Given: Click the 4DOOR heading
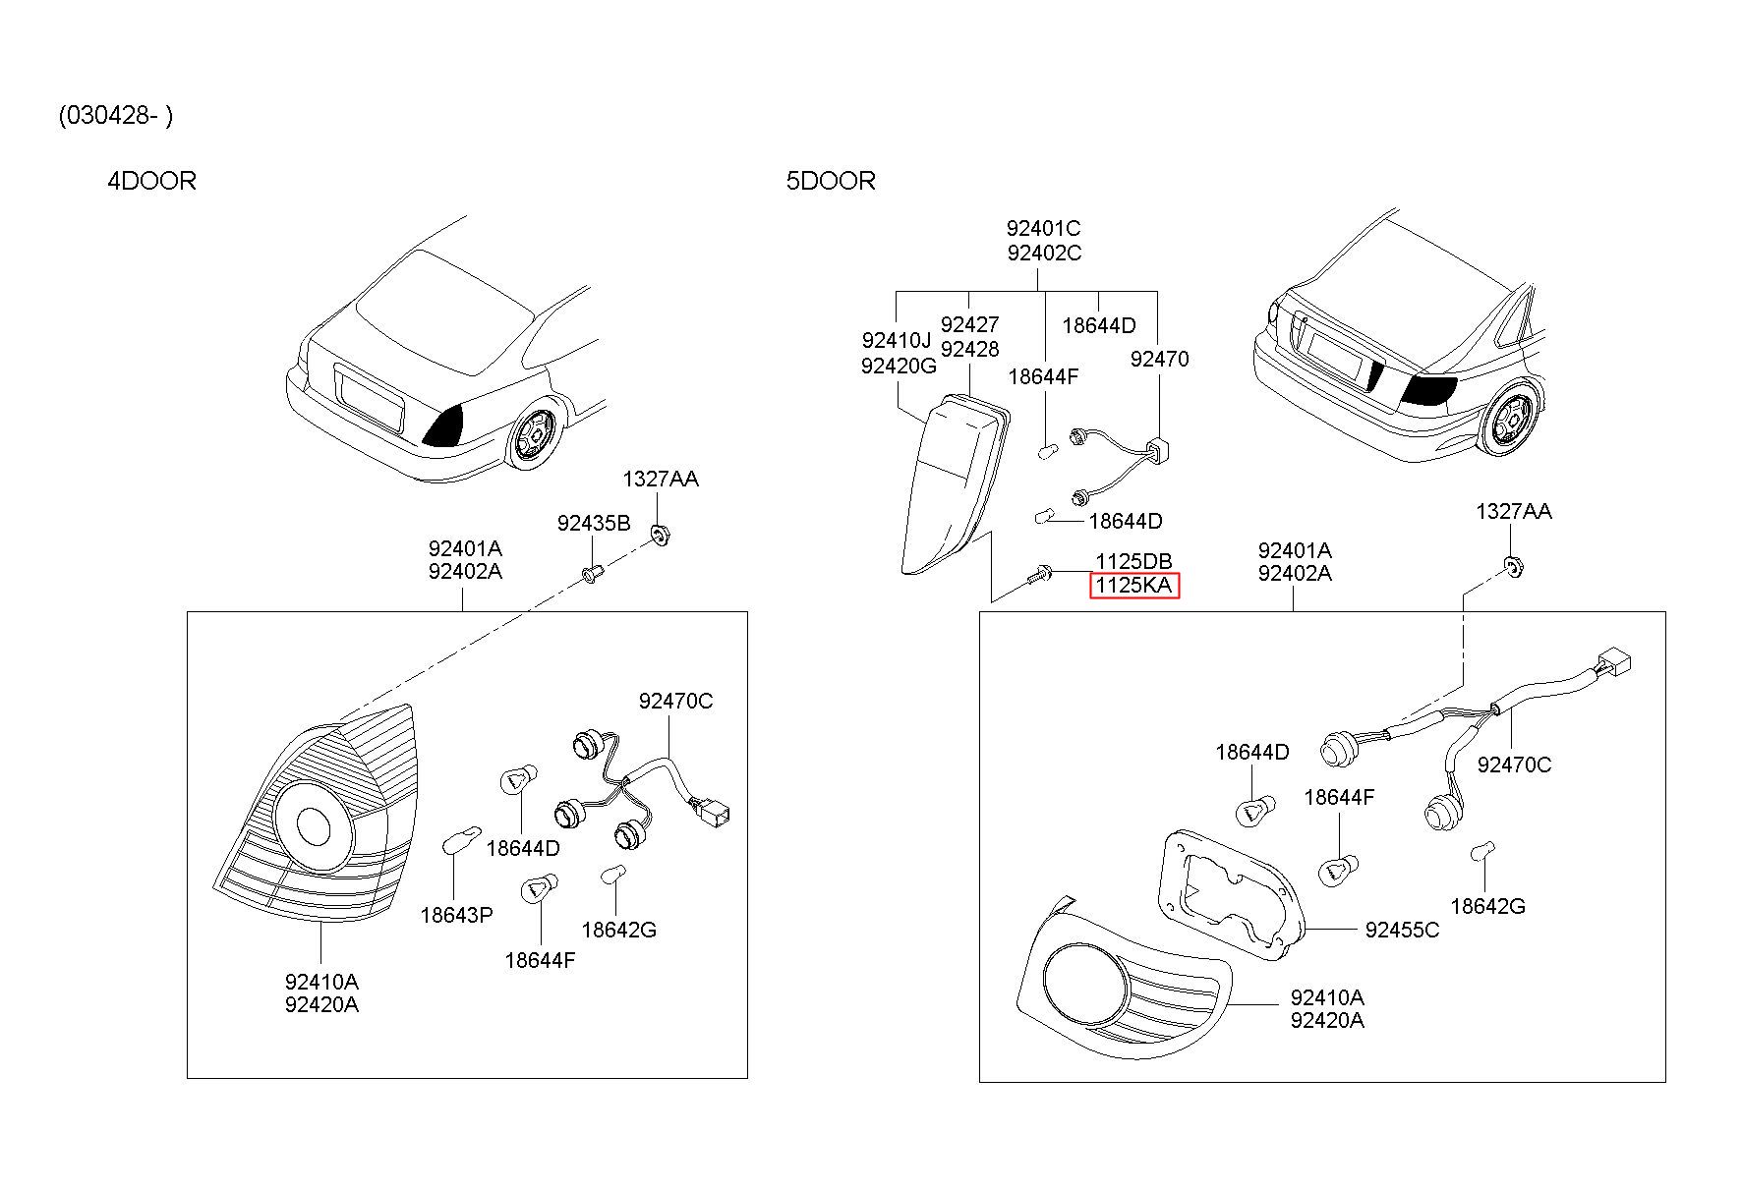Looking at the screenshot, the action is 151,181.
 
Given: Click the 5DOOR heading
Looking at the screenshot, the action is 831,181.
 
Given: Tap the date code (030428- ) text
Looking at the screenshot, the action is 116,116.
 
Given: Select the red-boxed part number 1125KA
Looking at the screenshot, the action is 1133,586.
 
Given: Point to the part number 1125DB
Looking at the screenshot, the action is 1133,561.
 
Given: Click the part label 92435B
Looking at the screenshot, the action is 594,523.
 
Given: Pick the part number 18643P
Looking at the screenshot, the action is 456,915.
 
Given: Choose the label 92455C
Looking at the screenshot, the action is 1402,930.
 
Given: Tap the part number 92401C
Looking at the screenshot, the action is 1043,228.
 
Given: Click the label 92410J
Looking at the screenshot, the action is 896,340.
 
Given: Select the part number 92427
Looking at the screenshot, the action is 969,324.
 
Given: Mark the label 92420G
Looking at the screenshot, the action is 899,366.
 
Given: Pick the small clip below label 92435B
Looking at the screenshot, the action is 590,573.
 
